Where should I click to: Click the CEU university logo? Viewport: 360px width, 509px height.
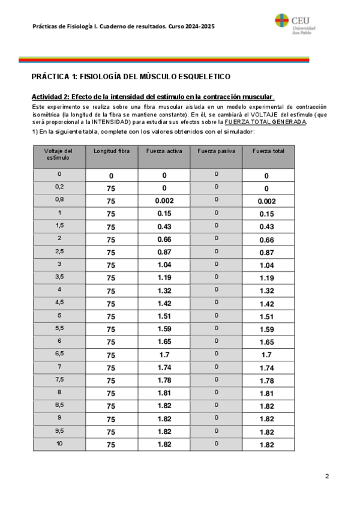tap(296, 23)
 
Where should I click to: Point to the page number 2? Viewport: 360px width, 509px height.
tap(327, 476)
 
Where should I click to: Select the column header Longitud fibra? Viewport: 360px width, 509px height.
tap(111, 151)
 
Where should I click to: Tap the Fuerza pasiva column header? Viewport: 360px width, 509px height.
tap(216, 151)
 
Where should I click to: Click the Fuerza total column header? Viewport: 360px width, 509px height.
tap(268, 151)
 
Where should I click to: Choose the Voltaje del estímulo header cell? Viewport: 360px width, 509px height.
tap(59, 154)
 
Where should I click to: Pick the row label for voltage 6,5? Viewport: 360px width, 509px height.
tap(59, 354)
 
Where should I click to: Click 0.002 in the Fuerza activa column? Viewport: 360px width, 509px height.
tap(164, 200)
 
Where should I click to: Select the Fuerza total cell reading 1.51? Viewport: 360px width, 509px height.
tap(268, 316)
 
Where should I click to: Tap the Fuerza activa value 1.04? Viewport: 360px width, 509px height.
tap(164, 265)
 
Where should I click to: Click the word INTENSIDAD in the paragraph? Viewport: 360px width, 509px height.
tap(107, 122)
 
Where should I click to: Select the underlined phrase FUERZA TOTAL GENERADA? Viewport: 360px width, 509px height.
tap(265, 122)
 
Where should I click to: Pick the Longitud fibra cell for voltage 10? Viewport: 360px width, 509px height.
tap(111, 444)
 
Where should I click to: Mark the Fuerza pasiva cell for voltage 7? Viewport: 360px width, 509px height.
tap(216, 366)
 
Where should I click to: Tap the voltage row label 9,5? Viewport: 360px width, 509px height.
tap(59, 430)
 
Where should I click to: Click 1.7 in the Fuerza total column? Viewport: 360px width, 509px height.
tap(268, 355)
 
